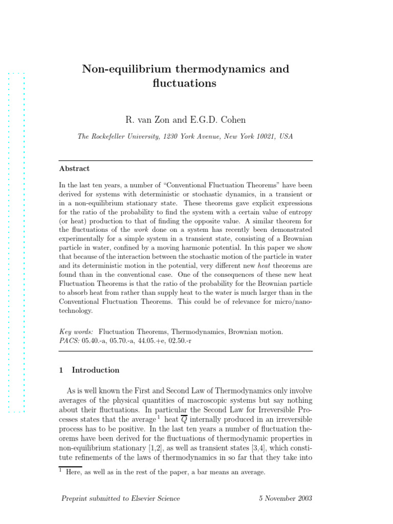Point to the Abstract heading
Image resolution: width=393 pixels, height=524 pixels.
[x=74, y=168]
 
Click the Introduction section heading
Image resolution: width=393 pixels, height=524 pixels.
[x=95, y=370]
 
